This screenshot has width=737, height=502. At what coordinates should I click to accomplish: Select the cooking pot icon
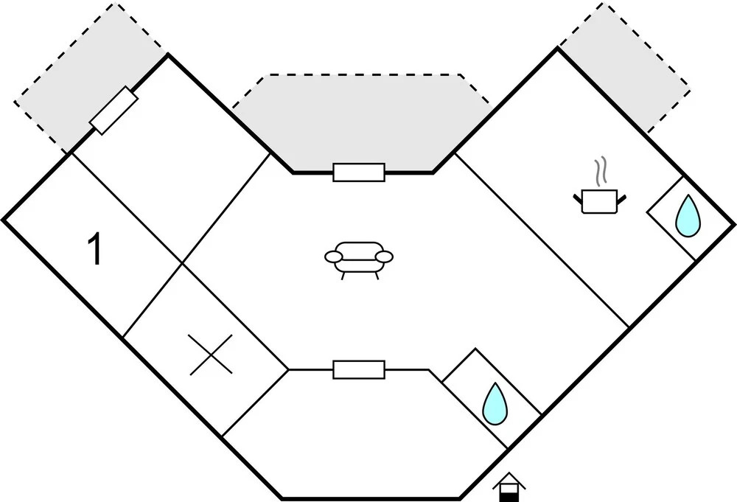[x=600, y=201]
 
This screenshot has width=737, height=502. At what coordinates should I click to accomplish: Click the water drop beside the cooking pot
[x=688, y=216]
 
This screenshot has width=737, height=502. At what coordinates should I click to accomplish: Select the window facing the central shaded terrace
[x=359, y=172]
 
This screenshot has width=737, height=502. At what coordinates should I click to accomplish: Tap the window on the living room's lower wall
[x=359, y=369]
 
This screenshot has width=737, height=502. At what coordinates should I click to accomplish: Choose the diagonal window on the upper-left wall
[x=113, y=111]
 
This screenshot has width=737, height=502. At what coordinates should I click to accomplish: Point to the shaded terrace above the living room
[x=361, y=118]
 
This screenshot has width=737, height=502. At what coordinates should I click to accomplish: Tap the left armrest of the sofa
[x=334, y=257]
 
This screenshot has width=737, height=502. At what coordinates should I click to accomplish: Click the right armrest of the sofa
[x=384, y=257]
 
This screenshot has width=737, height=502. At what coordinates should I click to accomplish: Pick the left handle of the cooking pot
[x=579, y=197]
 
